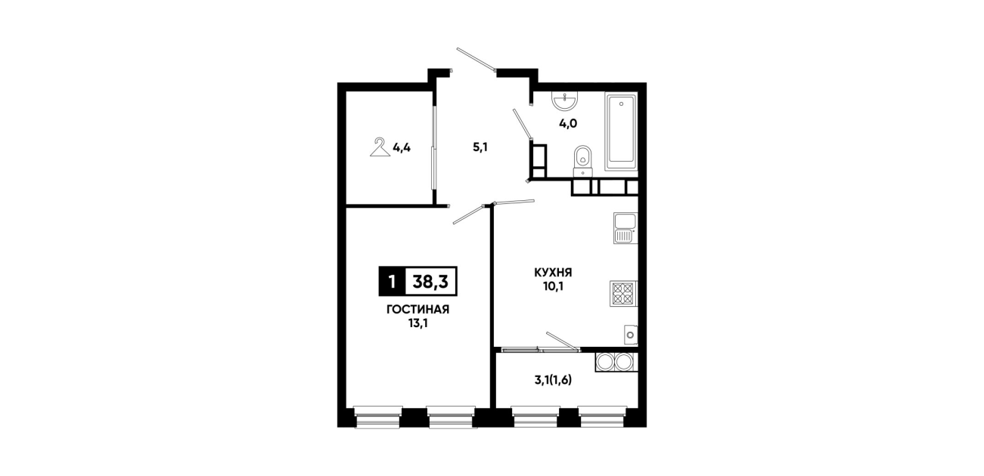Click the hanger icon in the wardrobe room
tap(380, 147)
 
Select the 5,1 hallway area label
tap(480, 147)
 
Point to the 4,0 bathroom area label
tap(567, 124)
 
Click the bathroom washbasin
tap(565, 101)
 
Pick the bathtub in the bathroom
tap(621, 131)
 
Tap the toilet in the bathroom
tap(583, 161)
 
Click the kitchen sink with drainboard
tap(625, 227)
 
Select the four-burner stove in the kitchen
tap(623, 293)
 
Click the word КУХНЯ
tap(553, 273)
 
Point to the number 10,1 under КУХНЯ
tap(553, 287)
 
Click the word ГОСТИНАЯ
tap(418, 310)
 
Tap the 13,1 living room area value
tap(418, 324)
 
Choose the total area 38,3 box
tap(430, 281)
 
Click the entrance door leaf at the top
tap(476, 60)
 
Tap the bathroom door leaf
tap(523, 124)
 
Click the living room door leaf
tap(469, 215)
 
